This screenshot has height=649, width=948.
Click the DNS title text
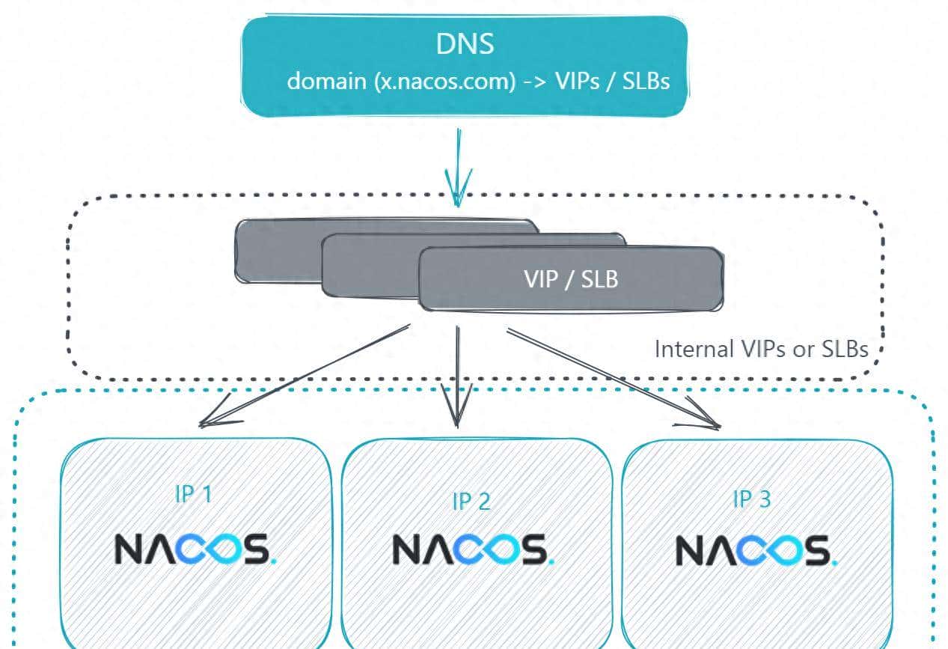465,44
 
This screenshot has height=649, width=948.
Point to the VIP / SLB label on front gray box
571,279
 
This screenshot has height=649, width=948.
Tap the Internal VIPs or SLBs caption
761,349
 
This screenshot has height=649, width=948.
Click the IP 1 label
192,494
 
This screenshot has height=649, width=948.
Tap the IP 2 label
471,501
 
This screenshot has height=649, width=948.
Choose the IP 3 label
750,499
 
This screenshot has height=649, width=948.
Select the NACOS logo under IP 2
473,549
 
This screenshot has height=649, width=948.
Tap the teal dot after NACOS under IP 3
834,562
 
